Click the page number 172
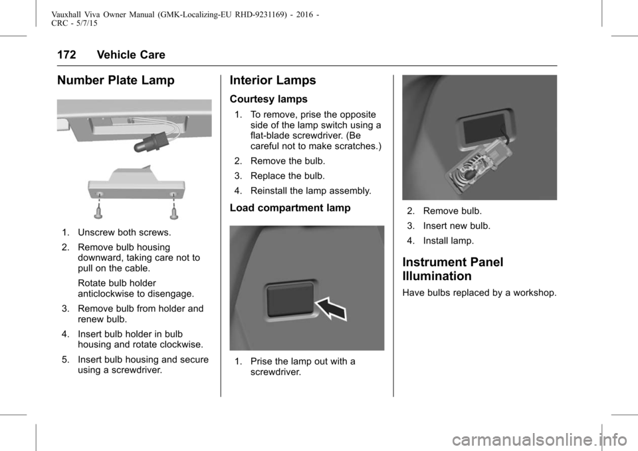click(x=66, y=55)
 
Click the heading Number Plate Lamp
click(x=116, y=80)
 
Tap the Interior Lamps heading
click(x=272, y=80)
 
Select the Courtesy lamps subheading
click(x=268, y=99)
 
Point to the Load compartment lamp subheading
click(x=290, y=208)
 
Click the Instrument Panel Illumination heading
click(x=453, y=269)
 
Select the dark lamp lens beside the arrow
click(x=290, y=300)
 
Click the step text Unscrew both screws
click(x=124, y=233)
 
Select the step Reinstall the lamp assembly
click(x=310, y=191)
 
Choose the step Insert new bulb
click(x=457, y=225)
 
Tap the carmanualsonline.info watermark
click(x=540, y=440)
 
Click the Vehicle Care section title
click(x=131, y=55)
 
